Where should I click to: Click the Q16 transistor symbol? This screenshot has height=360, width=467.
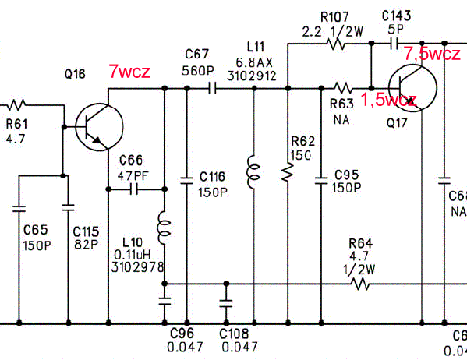(x=100, y=127)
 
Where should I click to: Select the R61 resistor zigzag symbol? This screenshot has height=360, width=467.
(x=16, y=105)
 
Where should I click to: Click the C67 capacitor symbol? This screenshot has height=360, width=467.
(x=212, y=88)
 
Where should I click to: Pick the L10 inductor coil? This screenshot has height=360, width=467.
(x=164, y=228)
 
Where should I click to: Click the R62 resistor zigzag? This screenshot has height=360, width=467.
(x=288, y=172)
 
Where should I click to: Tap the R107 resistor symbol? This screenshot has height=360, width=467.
(x=337, y=44)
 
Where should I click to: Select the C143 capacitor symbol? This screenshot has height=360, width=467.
(x=394, y=44)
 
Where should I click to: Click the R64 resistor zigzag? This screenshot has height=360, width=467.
(x=360, y=284)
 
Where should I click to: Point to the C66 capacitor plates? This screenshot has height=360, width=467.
(x=134, y=189)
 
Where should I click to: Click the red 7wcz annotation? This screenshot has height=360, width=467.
(x=129, y=72)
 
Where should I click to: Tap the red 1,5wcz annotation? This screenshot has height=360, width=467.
(x=388, y=99)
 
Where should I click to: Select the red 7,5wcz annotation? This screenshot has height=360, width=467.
(x=432, y=54)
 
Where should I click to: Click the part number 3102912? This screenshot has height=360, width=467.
(x=252, y=76)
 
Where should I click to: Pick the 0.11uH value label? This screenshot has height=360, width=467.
(x=133, y=255)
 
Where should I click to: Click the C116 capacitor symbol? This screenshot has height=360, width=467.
(x=187, y=181)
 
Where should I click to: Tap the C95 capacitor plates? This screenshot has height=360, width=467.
(x=321, y=181)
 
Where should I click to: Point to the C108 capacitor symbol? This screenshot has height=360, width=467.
(x=226, y=303)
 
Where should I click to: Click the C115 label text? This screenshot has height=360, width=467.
(x=86, y=231)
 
